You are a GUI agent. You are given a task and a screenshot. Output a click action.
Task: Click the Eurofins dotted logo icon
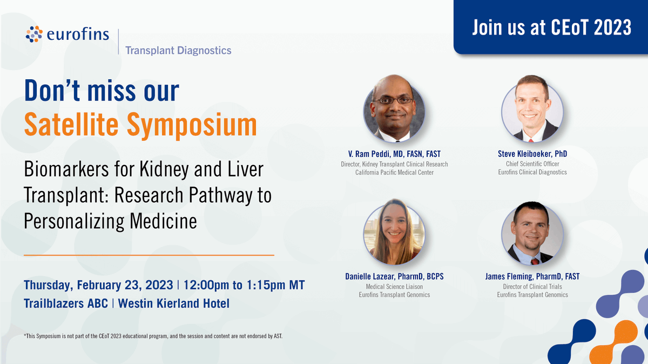tap(34, 33)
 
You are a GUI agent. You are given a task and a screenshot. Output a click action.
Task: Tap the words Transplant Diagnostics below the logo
tap(178, 50)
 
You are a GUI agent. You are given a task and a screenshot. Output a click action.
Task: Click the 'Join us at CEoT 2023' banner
tap(551, 28)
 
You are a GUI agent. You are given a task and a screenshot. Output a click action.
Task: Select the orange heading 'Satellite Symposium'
tap(140, 125)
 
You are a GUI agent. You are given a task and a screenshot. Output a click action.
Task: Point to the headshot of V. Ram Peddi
tap(394, 106)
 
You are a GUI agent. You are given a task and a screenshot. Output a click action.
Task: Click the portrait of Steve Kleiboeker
tap(532, 106)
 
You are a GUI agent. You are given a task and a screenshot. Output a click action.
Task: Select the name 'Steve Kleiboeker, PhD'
tap(532, 154)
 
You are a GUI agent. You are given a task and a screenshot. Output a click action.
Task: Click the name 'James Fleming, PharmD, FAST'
tap(532, 277)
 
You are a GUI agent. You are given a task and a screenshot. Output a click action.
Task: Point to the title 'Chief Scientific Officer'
tap(532, 164)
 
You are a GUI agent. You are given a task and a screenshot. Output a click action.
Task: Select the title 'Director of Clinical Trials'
tap(532, 286)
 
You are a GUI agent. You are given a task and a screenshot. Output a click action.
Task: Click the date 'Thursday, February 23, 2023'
tap(98, 285)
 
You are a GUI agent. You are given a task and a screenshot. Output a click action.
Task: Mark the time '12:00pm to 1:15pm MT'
tap(244, 285)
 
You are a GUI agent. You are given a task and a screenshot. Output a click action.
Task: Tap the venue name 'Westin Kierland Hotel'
tap(174, 304)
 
